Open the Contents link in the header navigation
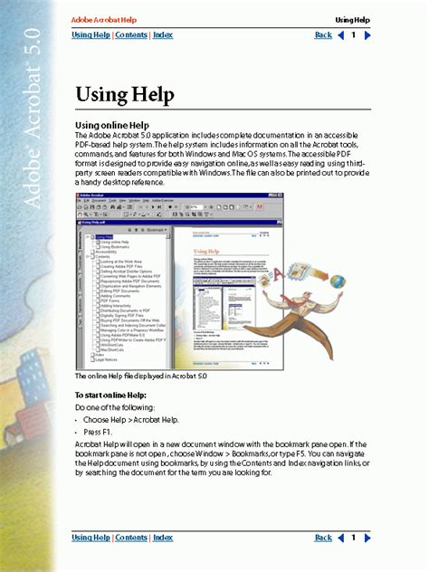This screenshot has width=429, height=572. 131,35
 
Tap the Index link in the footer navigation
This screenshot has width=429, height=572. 163,538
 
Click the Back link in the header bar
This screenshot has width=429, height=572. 323,35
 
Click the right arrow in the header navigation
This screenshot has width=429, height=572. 367,35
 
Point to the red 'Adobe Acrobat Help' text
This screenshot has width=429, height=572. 105,19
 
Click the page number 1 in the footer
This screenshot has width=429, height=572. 354,538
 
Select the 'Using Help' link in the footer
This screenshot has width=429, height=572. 91,538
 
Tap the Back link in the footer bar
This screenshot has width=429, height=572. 323,538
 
